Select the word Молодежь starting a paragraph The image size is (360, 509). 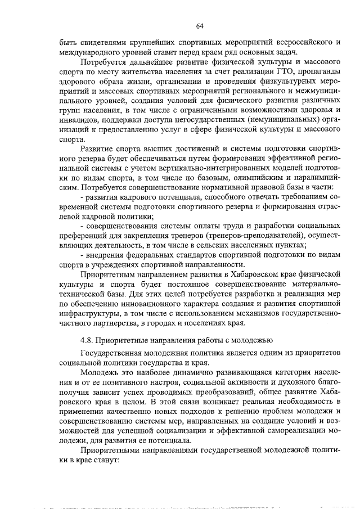click(100, 372)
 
